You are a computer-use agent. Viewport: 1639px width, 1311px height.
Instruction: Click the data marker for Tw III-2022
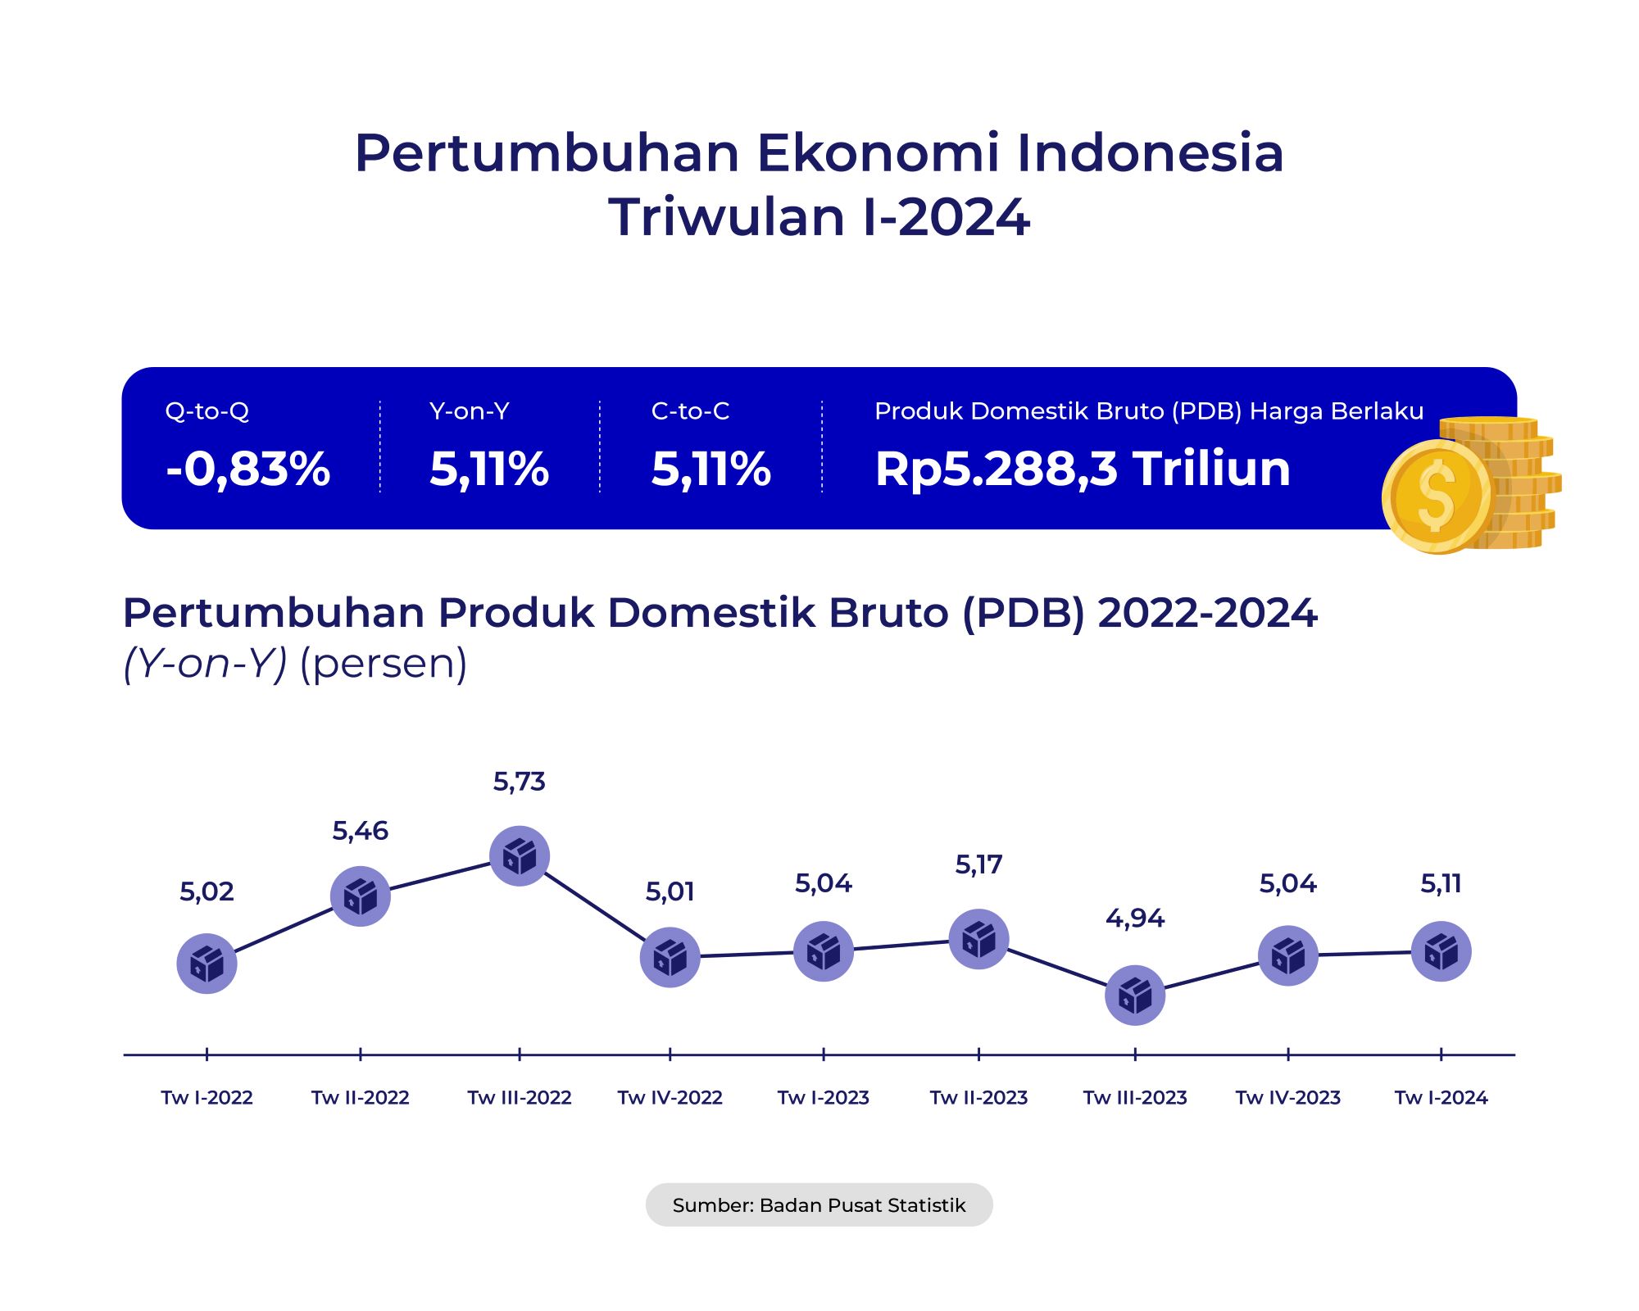[x=519, y=856]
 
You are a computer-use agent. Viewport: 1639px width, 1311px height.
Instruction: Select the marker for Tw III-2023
[x=1135, y=995]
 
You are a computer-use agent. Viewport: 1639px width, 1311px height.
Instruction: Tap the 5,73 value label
[x=519, y=782]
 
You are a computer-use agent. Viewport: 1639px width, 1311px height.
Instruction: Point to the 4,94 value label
[x=1135, y=918]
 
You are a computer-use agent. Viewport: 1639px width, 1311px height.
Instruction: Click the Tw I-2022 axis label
[x=207, y=1097]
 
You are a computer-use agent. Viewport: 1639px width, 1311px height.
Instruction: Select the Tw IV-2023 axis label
[x=1287, y=1097]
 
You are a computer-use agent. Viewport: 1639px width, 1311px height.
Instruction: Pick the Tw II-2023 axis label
[x=978, y=1097]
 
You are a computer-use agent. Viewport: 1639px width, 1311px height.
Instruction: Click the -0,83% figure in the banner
[x=247, y=469]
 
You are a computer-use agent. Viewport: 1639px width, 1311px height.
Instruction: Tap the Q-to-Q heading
[x=207, y=411]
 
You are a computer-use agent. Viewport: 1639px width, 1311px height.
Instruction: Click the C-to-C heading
[x=690, y=411]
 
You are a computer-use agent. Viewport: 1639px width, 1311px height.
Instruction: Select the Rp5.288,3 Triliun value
[x=1082, y=469]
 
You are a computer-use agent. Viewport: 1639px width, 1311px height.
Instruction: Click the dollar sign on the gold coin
[x=1437, y=497]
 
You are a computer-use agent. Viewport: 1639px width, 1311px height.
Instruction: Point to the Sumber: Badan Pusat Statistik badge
[x=819, y=1204]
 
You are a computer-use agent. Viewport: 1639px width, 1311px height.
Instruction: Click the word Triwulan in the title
[x=728, y=217]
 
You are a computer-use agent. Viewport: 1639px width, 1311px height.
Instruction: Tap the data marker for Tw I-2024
[x=1441, y=951]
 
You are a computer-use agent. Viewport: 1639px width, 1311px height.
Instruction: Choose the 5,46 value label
[x=360, y=831]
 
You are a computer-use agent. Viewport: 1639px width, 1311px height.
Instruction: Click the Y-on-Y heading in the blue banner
[x=469, y=411]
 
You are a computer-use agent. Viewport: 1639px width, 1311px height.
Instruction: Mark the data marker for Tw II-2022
[x=360, y=896]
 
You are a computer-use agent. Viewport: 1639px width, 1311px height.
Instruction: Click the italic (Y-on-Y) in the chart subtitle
[x=205, y=663]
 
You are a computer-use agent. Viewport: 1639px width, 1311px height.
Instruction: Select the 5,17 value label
[x=978, y=864]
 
